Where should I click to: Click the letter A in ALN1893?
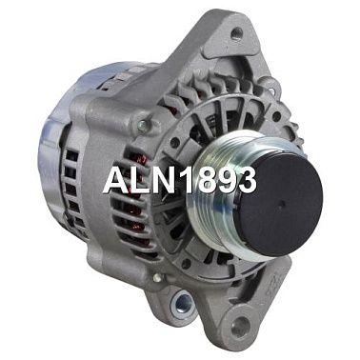(118, 180)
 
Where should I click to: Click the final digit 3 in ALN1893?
(245, 180)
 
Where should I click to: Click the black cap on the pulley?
(280, 203)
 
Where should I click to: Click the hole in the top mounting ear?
(236, 33)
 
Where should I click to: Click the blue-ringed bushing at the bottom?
(182, 304)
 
